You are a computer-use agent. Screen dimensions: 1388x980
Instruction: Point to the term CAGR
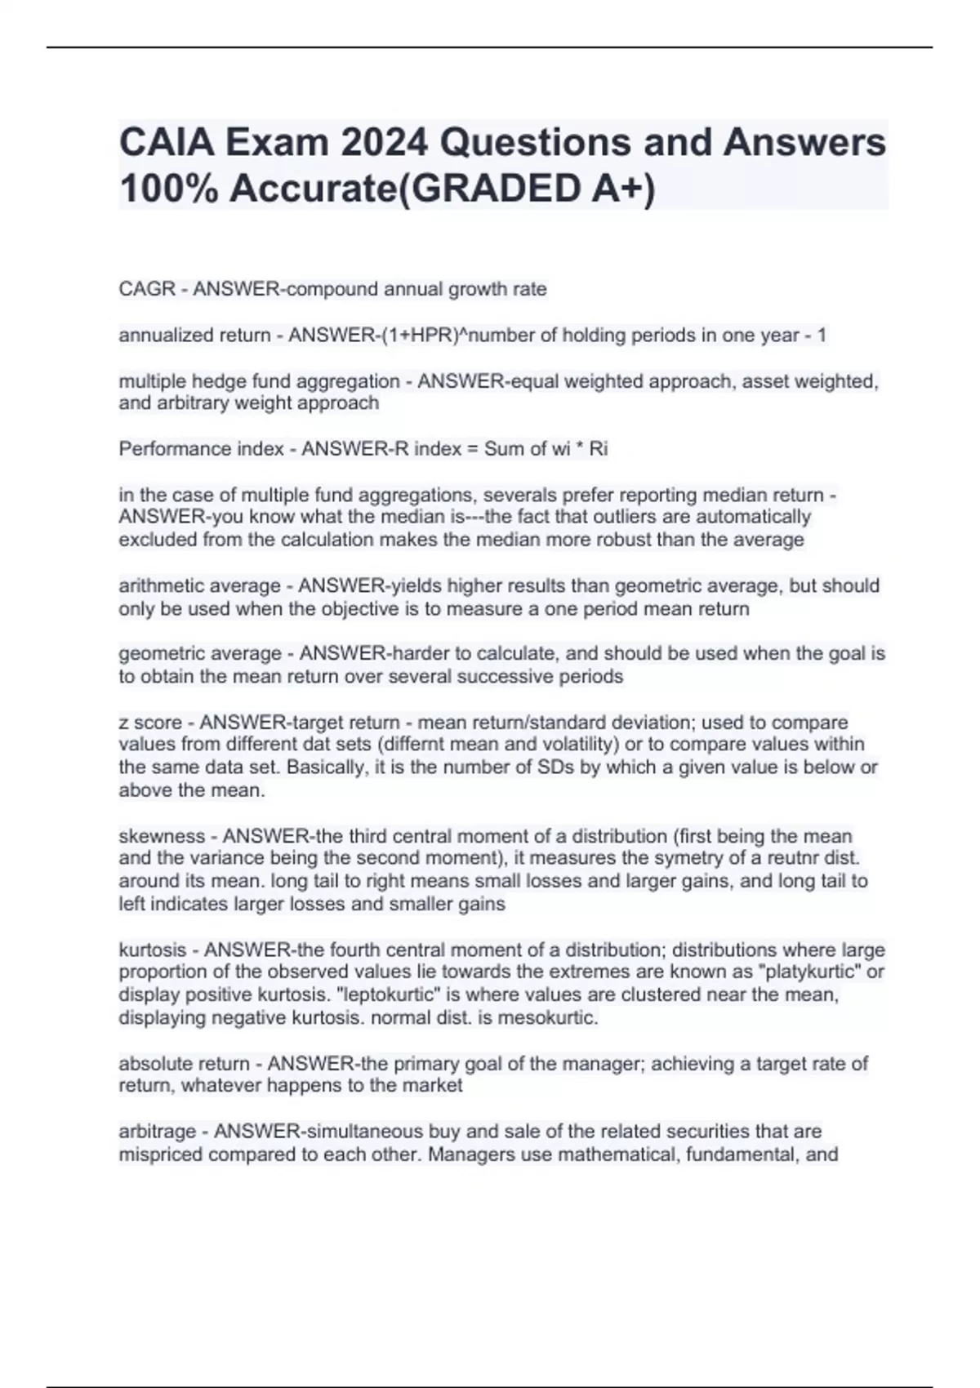pos(147,289)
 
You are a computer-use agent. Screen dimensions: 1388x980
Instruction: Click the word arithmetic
pos(162,585)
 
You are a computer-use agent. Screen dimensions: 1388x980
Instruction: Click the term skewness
pos(162,836)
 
